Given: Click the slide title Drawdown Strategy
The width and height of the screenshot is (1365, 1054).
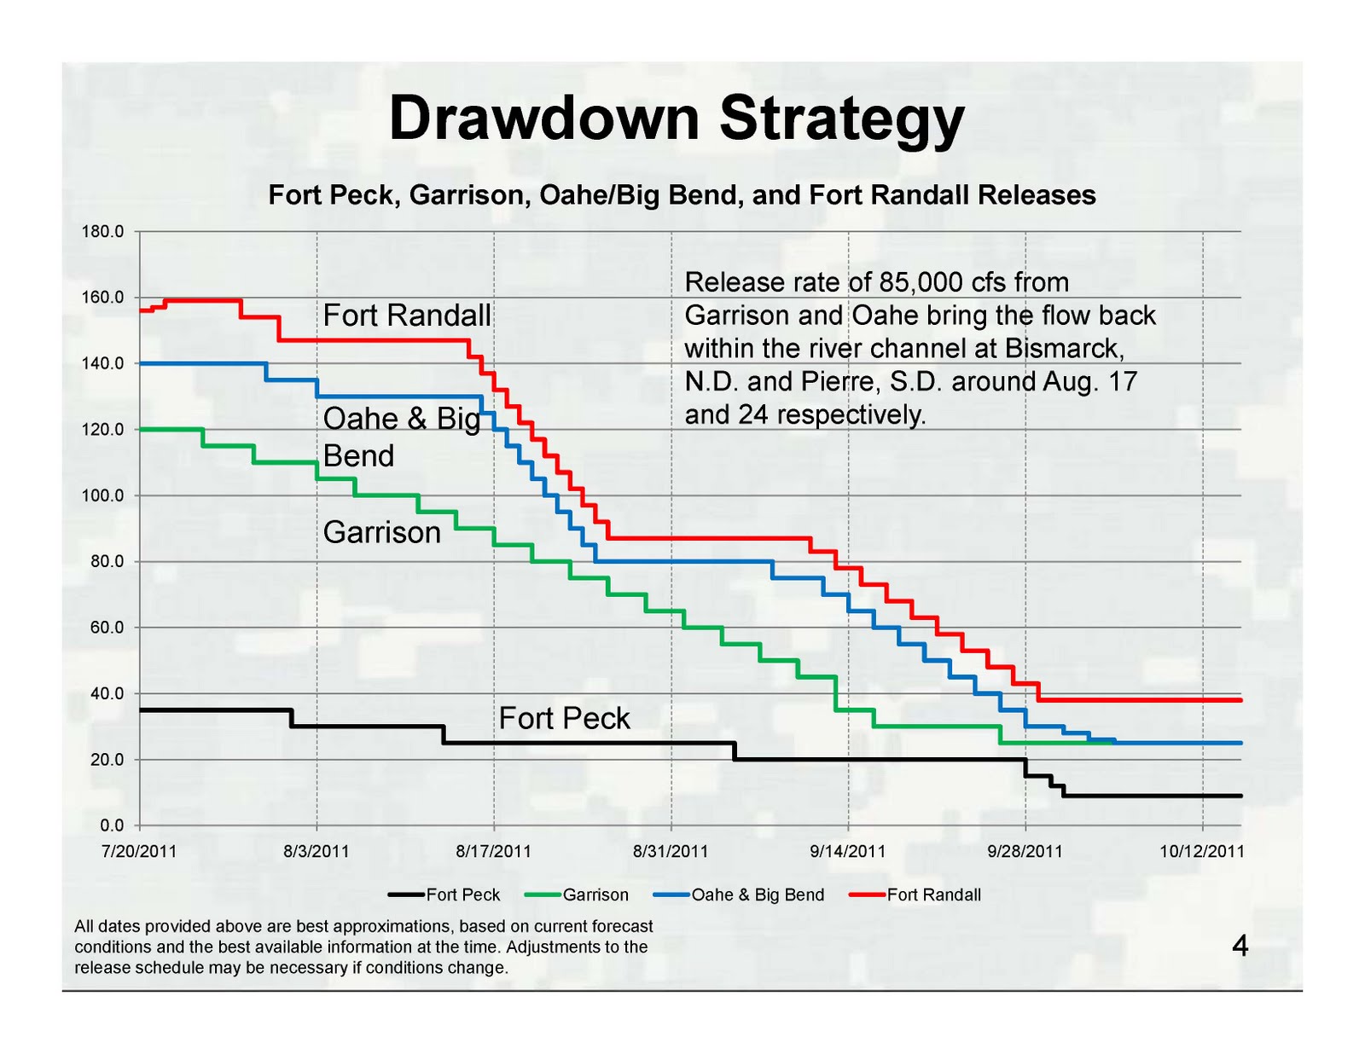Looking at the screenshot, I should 677,119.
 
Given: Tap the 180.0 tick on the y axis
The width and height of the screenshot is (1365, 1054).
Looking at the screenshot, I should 102,232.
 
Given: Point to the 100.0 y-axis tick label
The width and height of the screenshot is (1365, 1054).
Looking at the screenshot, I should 102,495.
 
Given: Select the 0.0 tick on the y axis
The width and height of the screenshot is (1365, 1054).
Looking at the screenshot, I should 112,825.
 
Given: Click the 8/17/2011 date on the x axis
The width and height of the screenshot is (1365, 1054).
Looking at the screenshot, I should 493,851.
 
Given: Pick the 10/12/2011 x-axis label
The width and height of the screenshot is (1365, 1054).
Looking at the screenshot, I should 1201,851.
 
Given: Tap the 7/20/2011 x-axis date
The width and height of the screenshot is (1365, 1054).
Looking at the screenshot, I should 139,851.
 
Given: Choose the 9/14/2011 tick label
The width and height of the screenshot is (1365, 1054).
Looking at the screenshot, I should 847,851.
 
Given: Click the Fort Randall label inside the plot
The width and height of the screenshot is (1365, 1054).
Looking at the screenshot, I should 407,316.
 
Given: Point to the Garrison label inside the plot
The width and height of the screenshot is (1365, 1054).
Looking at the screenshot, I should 382,533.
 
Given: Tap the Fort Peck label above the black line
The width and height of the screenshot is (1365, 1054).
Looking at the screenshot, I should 564,719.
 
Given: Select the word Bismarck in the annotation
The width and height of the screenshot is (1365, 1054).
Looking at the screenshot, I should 1060,349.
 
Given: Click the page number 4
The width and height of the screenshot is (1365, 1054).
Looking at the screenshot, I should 1240,947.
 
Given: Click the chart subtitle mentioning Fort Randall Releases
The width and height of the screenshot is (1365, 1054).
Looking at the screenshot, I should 682,195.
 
